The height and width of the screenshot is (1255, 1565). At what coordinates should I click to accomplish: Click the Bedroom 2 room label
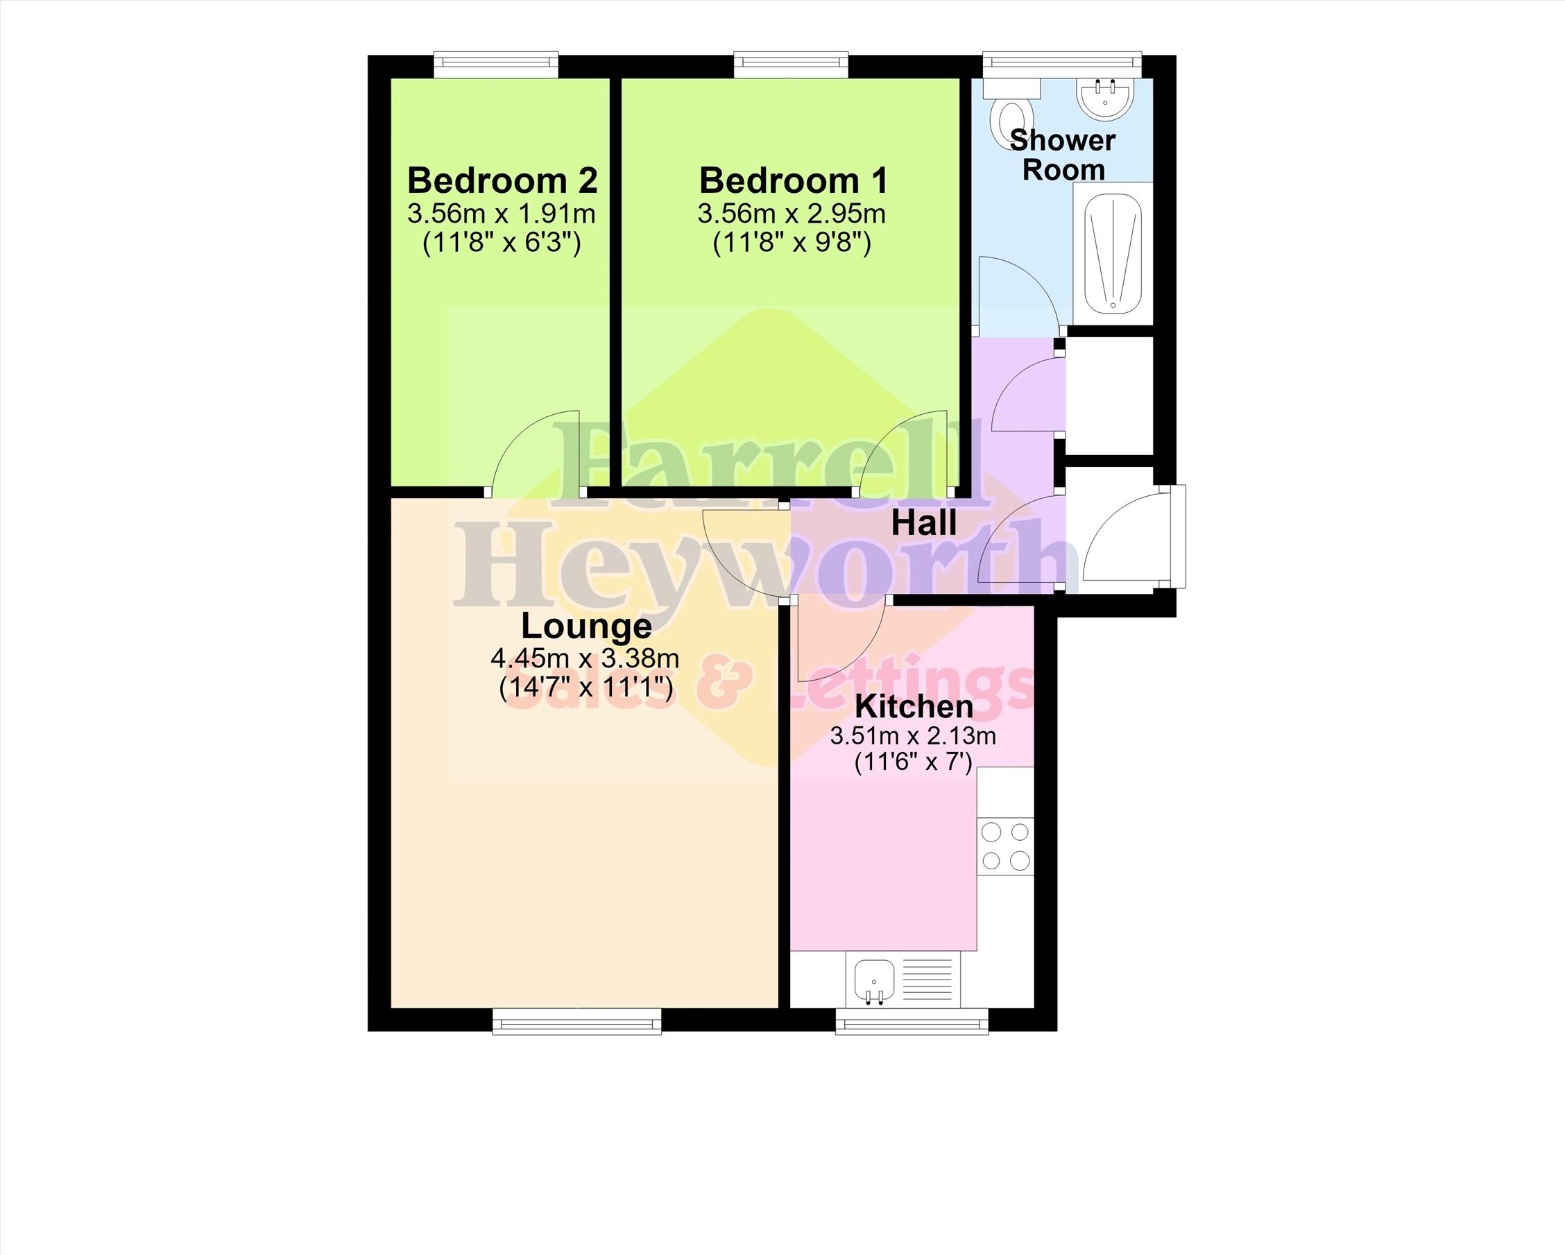pos(502,180)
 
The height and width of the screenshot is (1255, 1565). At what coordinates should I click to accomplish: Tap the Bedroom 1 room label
pos(793,180)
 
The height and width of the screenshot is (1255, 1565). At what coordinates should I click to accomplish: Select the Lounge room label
pos(586,626)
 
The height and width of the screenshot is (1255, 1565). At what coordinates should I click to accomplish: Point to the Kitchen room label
pos(913,706)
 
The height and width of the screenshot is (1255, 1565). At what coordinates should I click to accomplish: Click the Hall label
pos(923,522)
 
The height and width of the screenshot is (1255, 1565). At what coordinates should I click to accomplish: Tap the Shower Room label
pos(1062,155)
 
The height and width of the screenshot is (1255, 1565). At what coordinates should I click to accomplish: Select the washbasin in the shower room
pos(1104,98)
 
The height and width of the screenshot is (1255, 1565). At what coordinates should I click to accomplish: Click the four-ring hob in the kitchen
pos(1005,846)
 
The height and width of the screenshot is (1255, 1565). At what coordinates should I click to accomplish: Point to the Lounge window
pos(577,1021)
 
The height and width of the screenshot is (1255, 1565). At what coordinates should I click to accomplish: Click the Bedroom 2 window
pos(497,65)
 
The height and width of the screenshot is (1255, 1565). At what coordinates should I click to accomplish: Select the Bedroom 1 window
pos(792,65)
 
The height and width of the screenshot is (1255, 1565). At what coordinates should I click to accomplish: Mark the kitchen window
pos(912,1021)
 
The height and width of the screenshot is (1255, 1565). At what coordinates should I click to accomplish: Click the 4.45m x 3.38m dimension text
pos(585,658)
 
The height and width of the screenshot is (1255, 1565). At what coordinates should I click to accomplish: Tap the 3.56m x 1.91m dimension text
pos(502,214)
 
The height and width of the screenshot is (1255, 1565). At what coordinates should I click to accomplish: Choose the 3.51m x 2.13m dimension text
pos(913,736)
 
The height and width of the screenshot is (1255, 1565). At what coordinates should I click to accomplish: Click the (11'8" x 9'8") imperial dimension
pos(792,241)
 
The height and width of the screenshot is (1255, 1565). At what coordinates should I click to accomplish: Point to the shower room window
pos(1063,65)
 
